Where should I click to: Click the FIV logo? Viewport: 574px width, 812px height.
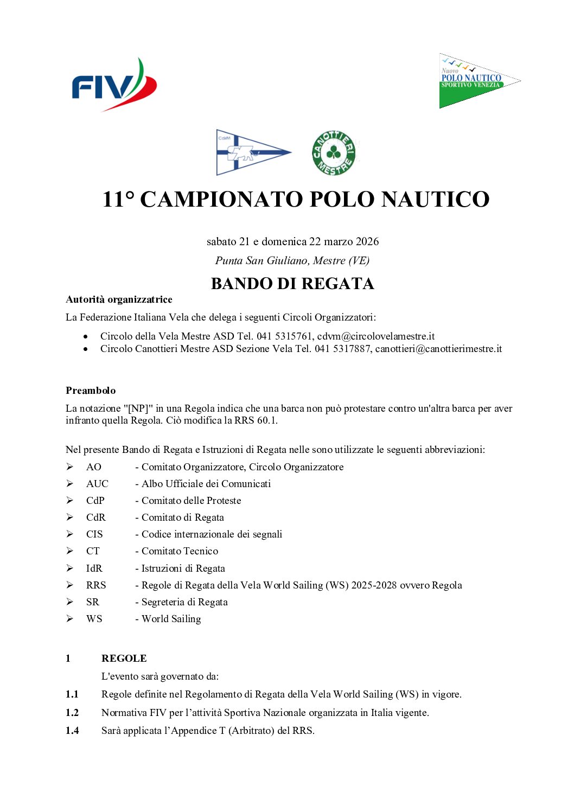[x=114, y=85]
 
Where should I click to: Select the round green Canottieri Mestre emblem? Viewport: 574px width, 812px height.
[x=334, y=153]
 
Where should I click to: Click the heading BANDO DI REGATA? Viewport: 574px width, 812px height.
[x=292, y=284]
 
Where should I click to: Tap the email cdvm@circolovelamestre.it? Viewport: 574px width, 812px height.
[x=376, y=336]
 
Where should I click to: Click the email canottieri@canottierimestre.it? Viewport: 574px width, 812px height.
[x=438, y=349]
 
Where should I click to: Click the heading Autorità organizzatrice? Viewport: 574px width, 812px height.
[x=119, y=299]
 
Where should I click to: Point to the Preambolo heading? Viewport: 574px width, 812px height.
[x=91, y=391]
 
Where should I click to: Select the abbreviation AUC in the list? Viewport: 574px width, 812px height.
[x=97, y=484]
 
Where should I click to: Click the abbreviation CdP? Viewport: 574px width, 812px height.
[x=95, y=501]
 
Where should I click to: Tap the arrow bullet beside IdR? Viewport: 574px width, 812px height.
[x=70, y=568]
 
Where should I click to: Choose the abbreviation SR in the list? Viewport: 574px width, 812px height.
[x=93, y=602]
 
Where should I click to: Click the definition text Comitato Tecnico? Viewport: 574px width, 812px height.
[x=180, y=551]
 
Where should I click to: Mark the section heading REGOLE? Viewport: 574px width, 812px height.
[x=124, y=658]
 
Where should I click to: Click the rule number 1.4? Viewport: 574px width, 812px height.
[x=72, y=731]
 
